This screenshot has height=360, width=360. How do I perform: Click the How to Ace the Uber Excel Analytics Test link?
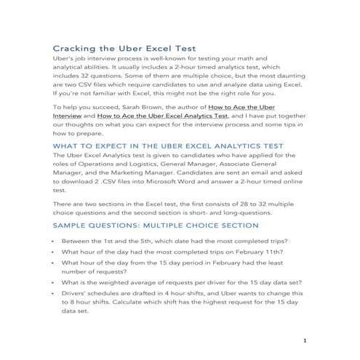pos(158,115)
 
